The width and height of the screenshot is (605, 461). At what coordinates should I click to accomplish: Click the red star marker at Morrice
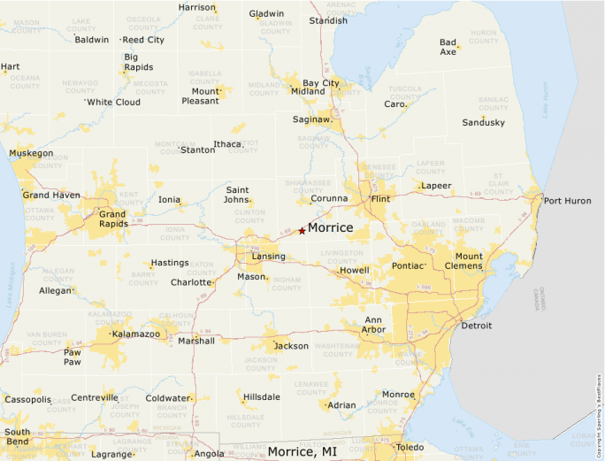click(302, 231)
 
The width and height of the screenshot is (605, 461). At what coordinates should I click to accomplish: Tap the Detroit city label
click(476, 326)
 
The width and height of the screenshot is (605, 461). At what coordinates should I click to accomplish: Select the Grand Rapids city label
click(112, 219)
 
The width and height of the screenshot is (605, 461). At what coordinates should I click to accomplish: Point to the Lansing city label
click(269, 257)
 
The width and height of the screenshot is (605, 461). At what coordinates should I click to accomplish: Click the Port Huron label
click(566, 200)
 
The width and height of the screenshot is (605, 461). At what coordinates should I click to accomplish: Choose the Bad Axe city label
click(448, 47)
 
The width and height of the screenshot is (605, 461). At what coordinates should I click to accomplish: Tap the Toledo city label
click(409, 448)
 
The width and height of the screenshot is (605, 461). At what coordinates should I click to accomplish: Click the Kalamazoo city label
click(135, 334)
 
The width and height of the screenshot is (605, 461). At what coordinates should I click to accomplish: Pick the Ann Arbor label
click(373, 325)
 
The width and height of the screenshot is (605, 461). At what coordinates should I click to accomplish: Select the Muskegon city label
click(31, 153)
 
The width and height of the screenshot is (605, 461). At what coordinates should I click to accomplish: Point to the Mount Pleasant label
click(205, 96)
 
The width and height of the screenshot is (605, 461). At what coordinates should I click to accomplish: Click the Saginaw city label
click(311, 119)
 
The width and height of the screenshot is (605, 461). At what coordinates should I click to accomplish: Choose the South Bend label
click(17, 437)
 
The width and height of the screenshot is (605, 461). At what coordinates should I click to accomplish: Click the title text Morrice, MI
click(302, 451)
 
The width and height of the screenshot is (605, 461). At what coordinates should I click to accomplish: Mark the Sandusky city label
click(483, 122)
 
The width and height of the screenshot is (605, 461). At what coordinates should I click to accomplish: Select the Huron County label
click(484, 37)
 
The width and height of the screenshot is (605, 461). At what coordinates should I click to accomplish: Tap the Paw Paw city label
click(72, 357)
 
